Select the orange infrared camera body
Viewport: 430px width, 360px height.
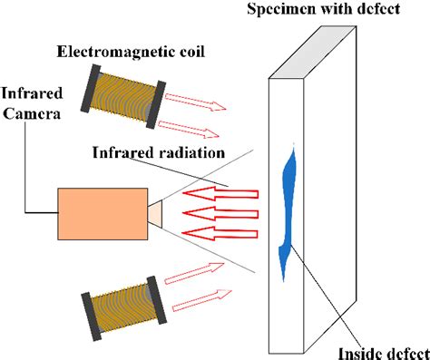[102, 214]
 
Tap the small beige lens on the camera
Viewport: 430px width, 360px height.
[154, 213]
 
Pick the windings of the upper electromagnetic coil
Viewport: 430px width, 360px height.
[121, 97]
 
